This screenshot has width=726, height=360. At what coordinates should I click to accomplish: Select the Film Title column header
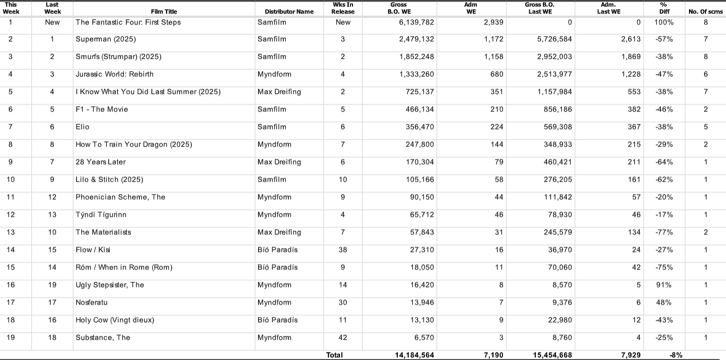[164, 12]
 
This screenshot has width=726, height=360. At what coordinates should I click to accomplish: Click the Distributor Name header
[289, 12]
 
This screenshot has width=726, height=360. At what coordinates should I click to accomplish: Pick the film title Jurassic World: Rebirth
[114, 75]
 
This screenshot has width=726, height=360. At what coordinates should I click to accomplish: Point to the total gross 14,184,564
[414, 355]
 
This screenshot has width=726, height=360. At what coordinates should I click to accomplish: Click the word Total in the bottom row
[335, 355]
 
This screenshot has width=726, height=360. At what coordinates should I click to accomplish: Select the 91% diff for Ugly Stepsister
[664, 285]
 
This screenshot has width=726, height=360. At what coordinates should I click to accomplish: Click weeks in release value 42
[343, 338]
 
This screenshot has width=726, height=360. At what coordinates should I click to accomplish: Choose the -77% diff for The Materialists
[664, 232]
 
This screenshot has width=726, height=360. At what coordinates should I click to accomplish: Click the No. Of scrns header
[706, 12]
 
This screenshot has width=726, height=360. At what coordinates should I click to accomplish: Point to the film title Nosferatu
[92, 303]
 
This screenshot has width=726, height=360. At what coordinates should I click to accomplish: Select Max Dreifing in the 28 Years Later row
[279, 162]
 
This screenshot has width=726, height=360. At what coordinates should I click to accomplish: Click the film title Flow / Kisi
[93, 250]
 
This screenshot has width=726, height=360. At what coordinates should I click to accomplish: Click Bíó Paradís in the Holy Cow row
[278, 320]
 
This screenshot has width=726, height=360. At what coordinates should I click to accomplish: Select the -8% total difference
[676, 355]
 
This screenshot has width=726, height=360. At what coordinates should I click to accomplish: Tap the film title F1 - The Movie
[102, 110]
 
